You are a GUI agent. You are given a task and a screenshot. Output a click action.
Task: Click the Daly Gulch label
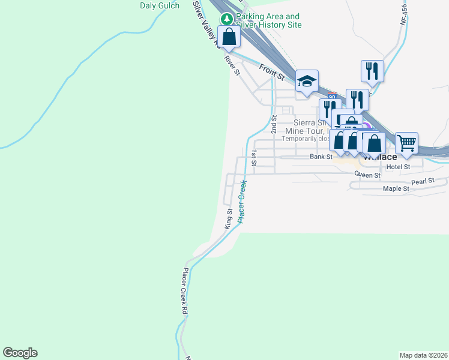click(x=160, y=6)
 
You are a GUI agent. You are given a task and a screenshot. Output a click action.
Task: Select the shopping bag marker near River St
click(x=229, y=37)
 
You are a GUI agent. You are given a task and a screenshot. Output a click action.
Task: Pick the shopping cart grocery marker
click(x=406, y=143)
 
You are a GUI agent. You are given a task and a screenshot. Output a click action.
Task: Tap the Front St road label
click(x=272, y=72)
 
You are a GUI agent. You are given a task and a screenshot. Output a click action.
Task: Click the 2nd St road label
click(x=274, y=124)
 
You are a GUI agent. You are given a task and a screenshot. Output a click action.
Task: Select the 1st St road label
click(x=255, y=158)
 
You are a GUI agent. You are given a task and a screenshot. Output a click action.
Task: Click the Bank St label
click(x=321, y=157)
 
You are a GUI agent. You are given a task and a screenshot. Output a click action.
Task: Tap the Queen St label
click(x=367, y=175)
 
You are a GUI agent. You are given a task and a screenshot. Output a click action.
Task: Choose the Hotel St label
click(x=398, y=166)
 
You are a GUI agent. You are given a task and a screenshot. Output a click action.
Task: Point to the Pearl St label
click(x=422, y=181)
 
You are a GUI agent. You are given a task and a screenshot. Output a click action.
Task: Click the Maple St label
click(x=396, y=188)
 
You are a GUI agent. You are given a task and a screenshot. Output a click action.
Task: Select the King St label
click(x=228, y=218)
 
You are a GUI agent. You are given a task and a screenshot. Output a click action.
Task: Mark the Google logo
click(x=20, y=353)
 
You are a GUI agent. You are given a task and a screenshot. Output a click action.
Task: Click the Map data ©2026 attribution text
click(x=423, y=355)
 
